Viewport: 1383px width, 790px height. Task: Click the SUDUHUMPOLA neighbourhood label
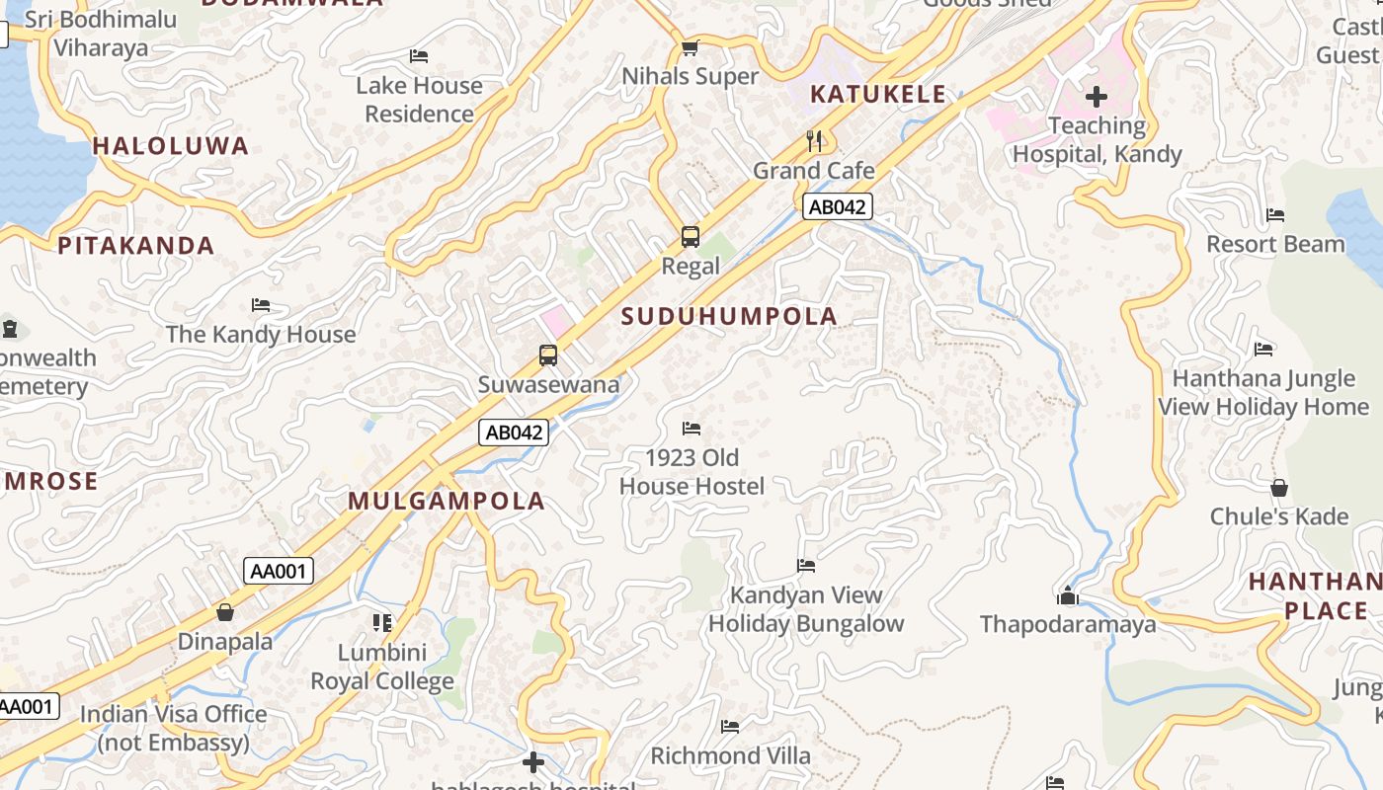[x=730, y=316]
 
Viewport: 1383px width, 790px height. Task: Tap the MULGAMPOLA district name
[x=447, y=501]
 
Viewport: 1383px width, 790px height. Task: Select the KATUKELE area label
[x=878, y=95]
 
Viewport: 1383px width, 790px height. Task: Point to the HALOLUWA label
[x=171, y=146]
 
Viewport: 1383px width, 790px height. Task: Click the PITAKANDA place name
[x=135, y=246]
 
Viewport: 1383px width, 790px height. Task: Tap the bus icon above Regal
[x=691, y=237]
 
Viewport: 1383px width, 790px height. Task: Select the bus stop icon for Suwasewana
[x=548, y=355]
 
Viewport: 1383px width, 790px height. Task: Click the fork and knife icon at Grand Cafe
[x=814, y=140]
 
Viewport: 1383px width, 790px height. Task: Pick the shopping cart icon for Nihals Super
[x=691, y=47]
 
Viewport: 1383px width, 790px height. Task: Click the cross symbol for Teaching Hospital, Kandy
[x=1097, y=97]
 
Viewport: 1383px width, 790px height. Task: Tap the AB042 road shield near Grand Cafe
[x=837, y=206]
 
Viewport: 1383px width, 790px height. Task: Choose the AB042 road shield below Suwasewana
[x=514, y=432]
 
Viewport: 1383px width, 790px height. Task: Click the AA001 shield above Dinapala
[x=279, y=571]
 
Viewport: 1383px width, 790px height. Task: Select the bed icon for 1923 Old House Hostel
[x=691, y=429]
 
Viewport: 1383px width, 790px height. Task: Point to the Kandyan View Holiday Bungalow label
[x=806, y=609]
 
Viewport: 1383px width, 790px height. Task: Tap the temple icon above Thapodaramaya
[x=1068, y=595]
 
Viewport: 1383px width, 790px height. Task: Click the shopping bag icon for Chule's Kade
[x=1279, y=488]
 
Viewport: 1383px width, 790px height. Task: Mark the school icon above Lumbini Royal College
[x=382, y=622]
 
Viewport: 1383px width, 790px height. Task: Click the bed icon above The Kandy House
[x=261, y=305]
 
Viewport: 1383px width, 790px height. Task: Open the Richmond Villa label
[x=730, y=755]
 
